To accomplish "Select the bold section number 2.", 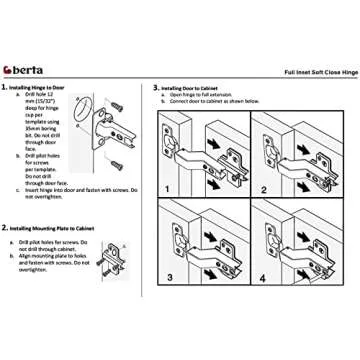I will [8, 228].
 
